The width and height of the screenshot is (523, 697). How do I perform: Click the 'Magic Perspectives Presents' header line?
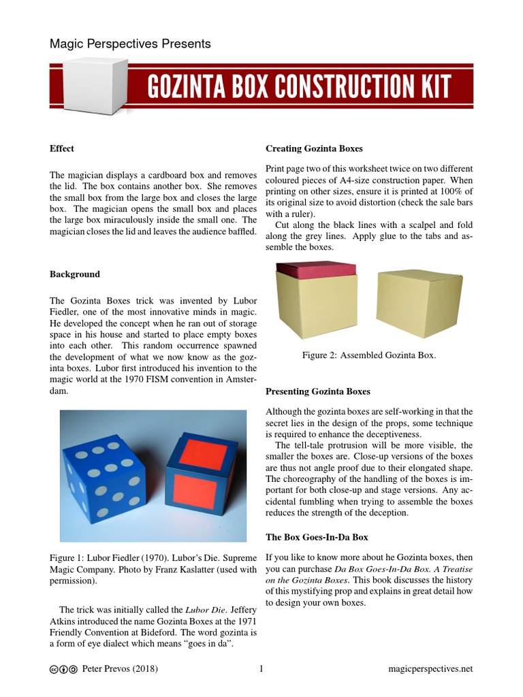[130, 44]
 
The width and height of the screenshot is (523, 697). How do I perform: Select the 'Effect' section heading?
[62, 148]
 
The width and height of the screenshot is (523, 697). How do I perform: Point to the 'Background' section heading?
[75, 274]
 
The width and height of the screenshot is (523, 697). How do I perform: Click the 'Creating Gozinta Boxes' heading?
[314, 148]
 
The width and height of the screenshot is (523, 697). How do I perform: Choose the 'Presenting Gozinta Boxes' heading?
[318, 391]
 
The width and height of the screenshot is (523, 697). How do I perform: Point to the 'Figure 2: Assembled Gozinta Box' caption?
[368, 355]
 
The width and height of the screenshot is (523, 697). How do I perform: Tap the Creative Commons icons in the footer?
[63, 670]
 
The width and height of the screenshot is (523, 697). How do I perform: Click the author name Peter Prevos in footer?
[108, 669]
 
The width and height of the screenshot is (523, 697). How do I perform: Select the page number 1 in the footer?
[261, 669]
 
